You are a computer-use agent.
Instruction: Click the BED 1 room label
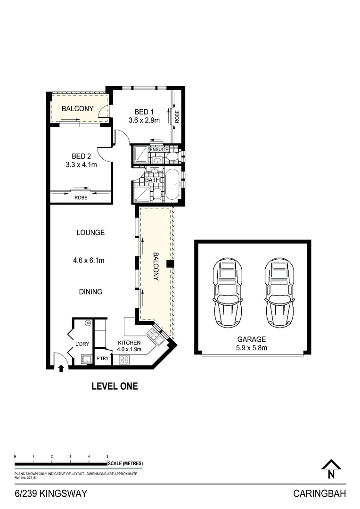[144, 112]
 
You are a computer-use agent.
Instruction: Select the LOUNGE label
[90, 232]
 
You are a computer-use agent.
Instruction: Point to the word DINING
[90, 292]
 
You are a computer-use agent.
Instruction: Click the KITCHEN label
[129, 342]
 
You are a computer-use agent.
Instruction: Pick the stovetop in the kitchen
[125, 360]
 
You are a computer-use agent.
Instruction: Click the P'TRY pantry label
[102, 359]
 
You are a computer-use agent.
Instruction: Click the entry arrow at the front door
[61, 368]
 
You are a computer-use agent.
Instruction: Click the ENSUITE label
[159, 150]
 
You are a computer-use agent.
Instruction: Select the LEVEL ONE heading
[115, 386]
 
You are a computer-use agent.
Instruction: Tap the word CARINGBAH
[319, 494]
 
